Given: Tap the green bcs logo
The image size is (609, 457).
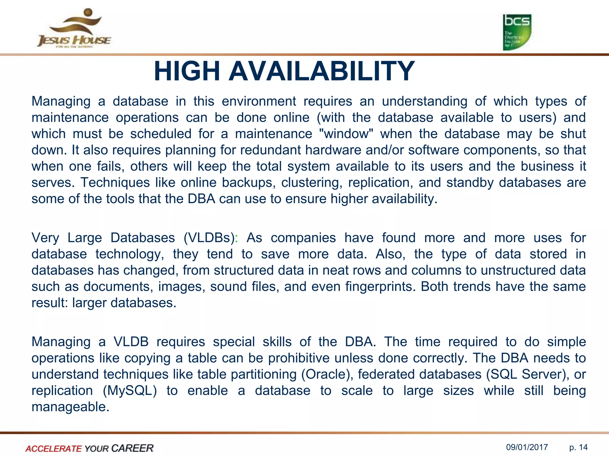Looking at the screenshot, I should (517, 32).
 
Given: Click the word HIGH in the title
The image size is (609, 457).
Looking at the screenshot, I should (187, 71).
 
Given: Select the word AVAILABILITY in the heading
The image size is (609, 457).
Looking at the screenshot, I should (321, 71).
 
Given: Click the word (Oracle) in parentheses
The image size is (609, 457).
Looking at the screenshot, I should (327, 374).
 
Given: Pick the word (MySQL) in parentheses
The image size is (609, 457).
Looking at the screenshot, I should (130, 391).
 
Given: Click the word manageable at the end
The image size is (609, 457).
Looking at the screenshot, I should (70, 407).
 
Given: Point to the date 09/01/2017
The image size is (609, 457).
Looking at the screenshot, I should (527, 447).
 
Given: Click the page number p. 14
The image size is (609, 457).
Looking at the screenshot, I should (578, 447).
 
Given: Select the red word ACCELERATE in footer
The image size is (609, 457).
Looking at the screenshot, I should (54, 448).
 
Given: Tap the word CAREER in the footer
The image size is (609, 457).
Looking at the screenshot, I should (132, 448).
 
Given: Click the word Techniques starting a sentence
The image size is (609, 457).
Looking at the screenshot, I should (115, 182).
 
